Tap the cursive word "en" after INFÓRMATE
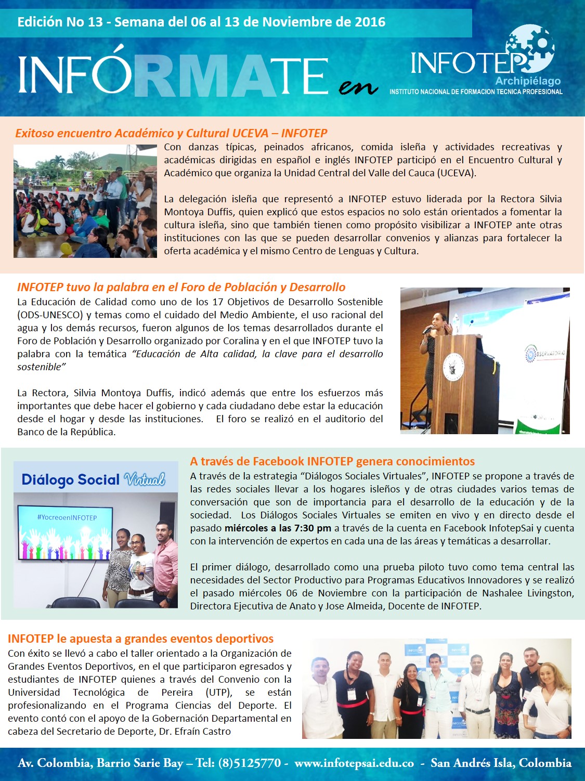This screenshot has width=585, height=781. coord(358,87)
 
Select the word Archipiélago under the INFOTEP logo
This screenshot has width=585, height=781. coord(528,81)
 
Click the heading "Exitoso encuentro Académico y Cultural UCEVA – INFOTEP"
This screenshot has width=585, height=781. coord(171,133)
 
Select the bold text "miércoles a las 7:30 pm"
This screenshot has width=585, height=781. coord(278,528)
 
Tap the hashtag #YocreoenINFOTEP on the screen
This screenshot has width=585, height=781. coord(67,517)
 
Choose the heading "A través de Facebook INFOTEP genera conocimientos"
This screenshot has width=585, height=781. coord(332,461)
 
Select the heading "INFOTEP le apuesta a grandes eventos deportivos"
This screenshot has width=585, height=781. coord(140,639)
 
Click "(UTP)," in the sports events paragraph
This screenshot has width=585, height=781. coord(219,693)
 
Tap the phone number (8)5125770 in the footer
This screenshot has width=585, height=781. coord(250,763)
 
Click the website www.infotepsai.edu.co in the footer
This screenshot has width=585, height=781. coord(354,763)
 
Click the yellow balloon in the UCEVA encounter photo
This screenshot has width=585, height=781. coord(66,249)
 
